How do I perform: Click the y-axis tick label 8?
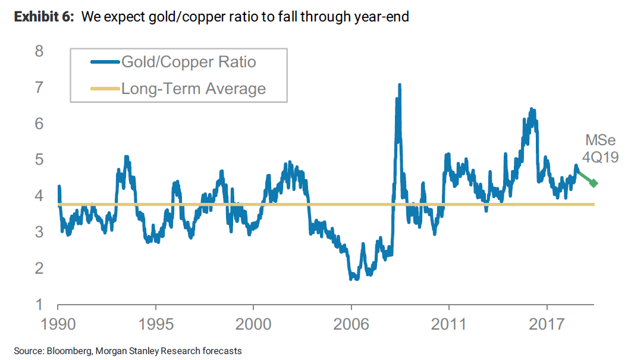pyautogui.click(x=40, y=51)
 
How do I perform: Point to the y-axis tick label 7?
pyautogui.click(x=40, y=87)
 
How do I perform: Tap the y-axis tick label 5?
pyautogui.click(x=40, y=159)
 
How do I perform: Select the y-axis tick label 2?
pyautogui.click(x=40, y=268)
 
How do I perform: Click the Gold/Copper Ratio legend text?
pyautogui.click(x=189, y=61)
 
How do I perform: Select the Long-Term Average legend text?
pyautogui.click(x=193, y=89)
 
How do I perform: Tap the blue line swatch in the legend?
pyautogui.click(x=105, y=61)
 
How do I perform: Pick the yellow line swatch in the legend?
pyautogui.click(x=105, y=89)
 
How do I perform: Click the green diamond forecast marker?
pyautogui.click(x=594, y=183)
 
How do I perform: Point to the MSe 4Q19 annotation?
pyautogui.click(x=601, y=149)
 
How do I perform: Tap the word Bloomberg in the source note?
pyautogui.click(x=64, y=351)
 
